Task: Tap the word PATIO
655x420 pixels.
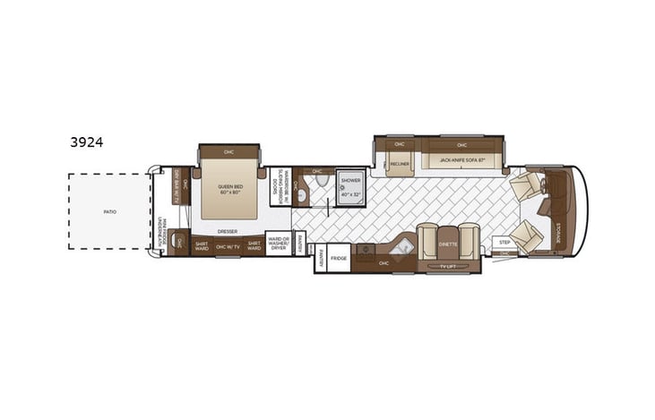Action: (109, 212)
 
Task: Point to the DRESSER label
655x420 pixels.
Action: (227, 229)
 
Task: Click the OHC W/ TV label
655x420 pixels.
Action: (228, 246)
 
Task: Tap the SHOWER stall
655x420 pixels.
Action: (349, 186)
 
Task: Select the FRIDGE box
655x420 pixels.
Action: (338, 258)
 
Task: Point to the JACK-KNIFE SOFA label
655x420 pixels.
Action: (461, 161)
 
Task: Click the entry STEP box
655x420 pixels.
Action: (504, 242)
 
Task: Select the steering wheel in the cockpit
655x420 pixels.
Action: (544, 206)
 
